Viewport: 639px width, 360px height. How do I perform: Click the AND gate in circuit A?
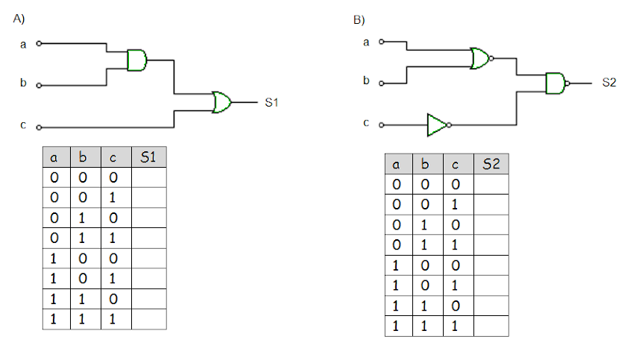[x=137, y=60]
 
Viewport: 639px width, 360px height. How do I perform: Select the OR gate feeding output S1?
[x=221, y=102]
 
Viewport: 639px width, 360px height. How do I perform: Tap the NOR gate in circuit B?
[x=481, y=58]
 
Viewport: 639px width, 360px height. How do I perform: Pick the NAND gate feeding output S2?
[x=557, y=83]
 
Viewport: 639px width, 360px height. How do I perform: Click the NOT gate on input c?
[x=439, y=125]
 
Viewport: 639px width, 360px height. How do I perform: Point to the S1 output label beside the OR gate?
[x=271, y=103]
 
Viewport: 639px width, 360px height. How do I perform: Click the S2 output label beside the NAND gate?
[x=609, y=83]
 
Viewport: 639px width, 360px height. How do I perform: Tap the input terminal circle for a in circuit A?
[x=39, y=43]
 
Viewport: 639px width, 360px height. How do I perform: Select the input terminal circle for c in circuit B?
[x=382, y=125]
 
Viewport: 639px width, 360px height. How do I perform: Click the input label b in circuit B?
[x=366, y=80]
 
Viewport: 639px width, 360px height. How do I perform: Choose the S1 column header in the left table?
[x=148, y=157]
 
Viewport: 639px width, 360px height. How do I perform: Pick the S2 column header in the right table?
[x=491, y=164]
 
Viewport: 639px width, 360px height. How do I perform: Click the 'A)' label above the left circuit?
[x=19, y=19]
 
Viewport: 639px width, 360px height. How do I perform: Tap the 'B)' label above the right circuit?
[x=359, y=20]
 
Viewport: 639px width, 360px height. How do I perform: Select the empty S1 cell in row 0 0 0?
[x=148, y=177]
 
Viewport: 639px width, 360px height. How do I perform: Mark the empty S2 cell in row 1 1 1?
[x=491, y=326]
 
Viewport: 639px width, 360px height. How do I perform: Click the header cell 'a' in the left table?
[x=57, y=157]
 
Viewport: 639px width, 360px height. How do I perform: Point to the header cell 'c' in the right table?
[x=459, y=164]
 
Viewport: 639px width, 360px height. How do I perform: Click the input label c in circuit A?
[x=23, y=124]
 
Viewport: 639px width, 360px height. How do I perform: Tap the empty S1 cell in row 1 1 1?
[x=148, y=319]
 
